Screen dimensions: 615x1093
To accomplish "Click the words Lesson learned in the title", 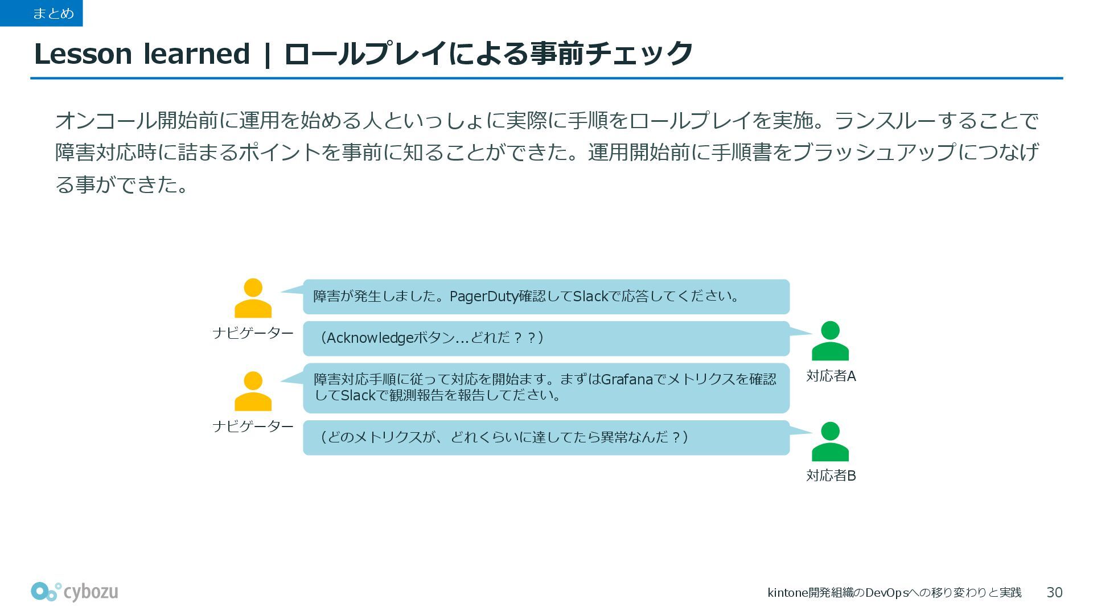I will point(142,54).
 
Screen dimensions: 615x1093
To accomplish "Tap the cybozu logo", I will point(75,592).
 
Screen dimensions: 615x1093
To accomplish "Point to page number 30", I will point(1054,593).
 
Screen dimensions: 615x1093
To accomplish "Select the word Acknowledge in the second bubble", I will point(369,338).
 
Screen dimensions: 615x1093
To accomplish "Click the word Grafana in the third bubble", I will point(626,379).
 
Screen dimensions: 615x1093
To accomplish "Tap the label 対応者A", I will point(831,376).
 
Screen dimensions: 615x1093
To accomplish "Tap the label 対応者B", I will point(831,476).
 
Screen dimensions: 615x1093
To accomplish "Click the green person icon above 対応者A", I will point(830,341).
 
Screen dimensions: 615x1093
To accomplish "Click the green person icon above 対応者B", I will point(830,441).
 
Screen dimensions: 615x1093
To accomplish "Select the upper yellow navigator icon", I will point(253,298).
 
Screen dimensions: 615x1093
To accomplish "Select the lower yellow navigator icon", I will point(253,391).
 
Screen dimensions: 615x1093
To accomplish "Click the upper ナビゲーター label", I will point(253,333).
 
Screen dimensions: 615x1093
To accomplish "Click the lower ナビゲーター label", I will point(253,427).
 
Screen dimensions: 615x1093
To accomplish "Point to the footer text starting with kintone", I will point(894,593).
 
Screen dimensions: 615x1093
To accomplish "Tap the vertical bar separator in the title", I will point(266,55).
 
